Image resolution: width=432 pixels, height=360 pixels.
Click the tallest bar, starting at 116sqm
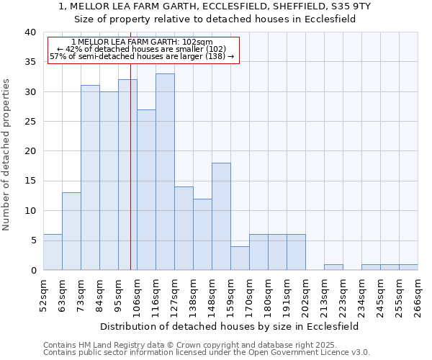point(165,172)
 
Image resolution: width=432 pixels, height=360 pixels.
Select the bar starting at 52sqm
point(53,252)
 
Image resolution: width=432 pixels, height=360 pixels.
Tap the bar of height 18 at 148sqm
point(221,216)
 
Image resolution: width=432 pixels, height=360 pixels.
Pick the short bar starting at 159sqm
point(240,258)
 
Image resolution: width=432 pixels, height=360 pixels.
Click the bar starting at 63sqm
point(71,231)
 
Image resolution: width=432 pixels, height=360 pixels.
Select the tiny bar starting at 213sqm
point(333,267)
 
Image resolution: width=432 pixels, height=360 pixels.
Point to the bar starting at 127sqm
point(184,228)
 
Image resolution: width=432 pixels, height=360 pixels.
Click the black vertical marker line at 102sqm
point(130,180)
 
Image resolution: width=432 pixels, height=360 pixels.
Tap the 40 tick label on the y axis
point(30,32)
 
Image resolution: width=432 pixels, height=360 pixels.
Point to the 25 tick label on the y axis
point(30,122)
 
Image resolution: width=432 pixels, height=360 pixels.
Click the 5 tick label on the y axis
point(32,240)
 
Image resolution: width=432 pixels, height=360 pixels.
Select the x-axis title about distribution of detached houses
point(229,326)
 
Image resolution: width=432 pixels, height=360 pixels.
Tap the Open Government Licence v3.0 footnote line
point(207,352)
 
